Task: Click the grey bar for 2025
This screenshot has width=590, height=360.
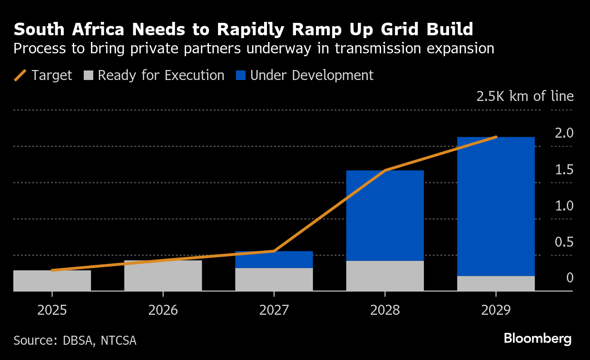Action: [52, 280]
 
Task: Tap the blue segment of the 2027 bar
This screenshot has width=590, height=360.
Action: [274, 260]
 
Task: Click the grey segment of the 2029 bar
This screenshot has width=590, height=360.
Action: [496, 283]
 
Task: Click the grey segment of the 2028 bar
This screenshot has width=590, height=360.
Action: [385, 276]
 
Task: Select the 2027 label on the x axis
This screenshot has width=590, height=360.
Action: [274, 310]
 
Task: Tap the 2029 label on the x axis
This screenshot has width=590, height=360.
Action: [496, 310]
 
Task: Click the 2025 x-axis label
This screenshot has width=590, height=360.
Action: [52, 310]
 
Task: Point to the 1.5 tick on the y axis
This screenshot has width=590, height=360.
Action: [564, 170]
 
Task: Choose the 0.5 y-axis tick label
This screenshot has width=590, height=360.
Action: [564, 242]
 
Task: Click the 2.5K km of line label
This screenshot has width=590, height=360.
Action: [525, 96]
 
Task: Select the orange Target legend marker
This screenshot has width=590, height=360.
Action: [20, 75]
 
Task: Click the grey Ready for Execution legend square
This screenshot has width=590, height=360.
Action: [88, 75]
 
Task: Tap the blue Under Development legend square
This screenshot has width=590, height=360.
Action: [241, 75]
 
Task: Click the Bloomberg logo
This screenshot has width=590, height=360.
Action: [538, 339]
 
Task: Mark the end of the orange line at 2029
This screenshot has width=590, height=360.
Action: [496, 137]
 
